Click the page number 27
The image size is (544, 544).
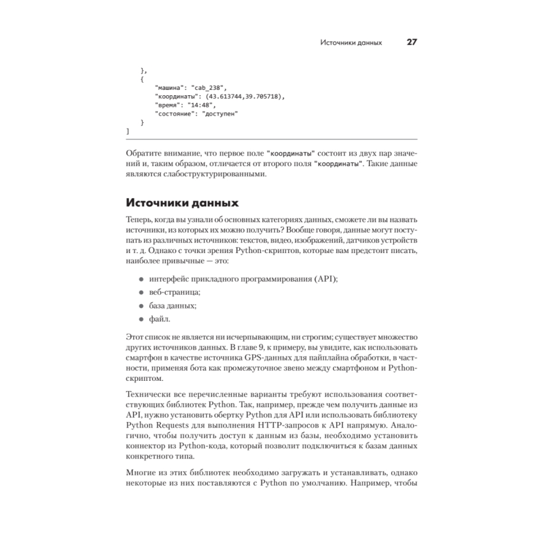(x=411, y=42)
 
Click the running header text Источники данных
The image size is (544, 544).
(x=351, y=42)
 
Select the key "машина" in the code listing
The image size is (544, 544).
(x=170, y=88)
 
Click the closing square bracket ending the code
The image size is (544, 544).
(x=127, y=131)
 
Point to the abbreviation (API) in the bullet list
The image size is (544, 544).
(x=325, y=279)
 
